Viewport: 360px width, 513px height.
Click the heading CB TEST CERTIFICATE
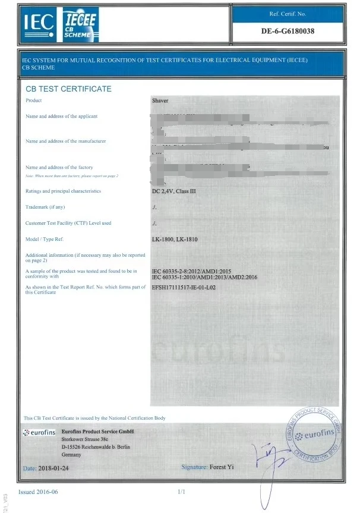pos(68,89)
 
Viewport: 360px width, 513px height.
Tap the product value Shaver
pos(160,101)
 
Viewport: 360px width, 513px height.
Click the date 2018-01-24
pos(55,468)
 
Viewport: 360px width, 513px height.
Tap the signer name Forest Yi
pos(222,467)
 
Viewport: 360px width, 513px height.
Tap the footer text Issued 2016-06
pos(38,492)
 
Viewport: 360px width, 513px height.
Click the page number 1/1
pos(182,492)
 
